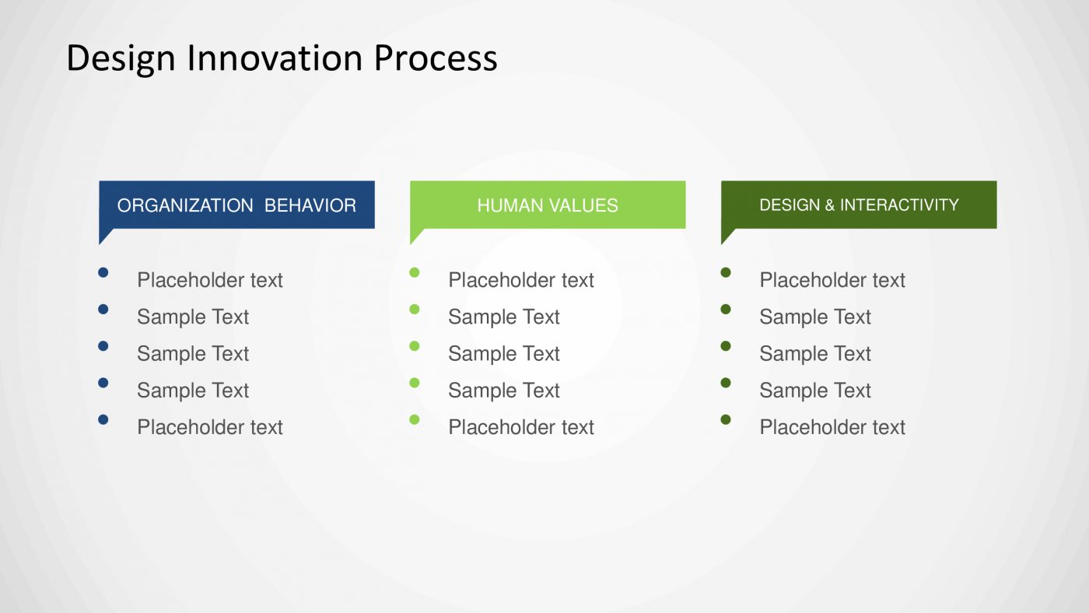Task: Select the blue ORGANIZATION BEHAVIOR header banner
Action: tap(236, 205)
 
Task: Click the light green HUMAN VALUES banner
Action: tap(548, 205)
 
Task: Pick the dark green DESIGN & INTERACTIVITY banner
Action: tap(859, 205)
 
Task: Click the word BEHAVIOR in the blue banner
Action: tap(310, 205)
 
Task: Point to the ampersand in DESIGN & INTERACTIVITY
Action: tap(829, 205)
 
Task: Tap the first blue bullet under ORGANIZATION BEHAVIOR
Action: tap(103, 272)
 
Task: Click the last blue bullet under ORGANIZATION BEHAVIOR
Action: tap(103, 419)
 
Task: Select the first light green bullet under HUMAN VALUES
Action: tap(415, 272)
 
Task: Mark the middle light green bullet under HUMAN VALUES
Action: tap(415, 345)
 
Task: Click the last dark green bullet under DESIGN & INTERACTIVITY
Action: tap(726, 419)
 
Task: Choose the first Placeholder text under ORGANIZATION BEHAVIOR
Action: tap(210, 280)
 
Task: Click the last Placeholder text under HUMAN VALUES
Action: tap(521, 427)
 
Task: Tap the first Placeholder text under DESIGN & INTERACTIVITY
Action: tap(832, 280)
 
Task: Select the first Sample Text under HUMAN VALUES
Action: tap(504, 317)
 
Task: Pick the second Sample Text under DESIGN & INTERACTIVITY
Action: tap(815, 354)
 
